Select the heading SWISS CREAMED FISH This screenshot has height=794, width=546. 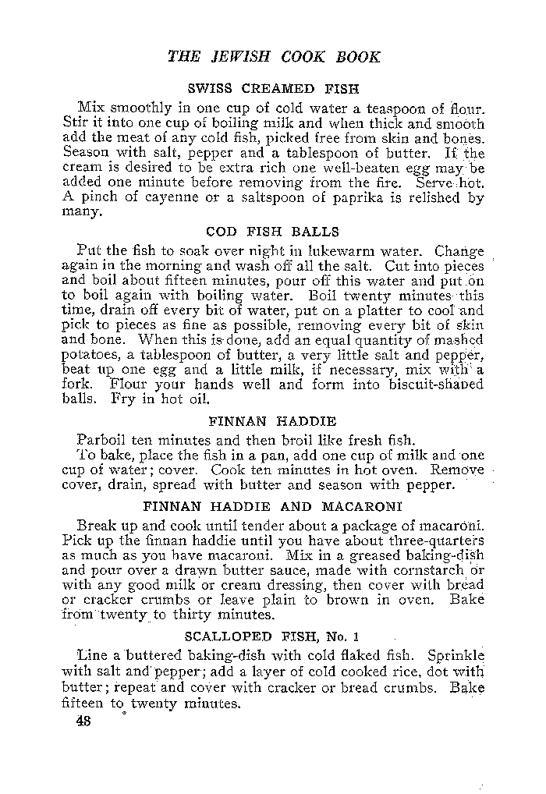tap(272, 88)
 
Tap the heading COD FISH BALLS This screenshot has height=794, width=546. tap(272, 232)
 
